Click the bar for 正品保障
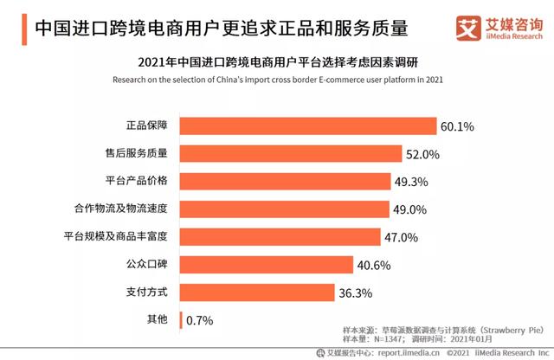306,126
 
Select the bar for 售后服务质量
290,154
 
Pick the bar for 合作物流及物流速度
280,209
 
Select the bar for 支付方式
258,292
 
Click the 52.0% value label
424,154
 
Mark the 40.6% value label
376,265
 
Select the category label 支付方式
145,292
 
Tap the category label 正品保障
145,126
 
